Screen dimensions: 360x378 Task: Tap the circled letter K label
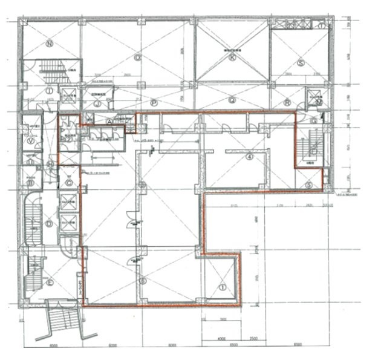232,59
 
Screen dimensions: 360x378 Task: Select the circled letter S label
300,62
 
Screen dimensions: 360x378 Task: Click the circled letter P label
155,103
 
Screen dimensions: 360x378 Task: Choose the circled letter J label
97,103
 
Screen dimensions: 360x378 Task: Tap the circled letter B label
30,179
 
